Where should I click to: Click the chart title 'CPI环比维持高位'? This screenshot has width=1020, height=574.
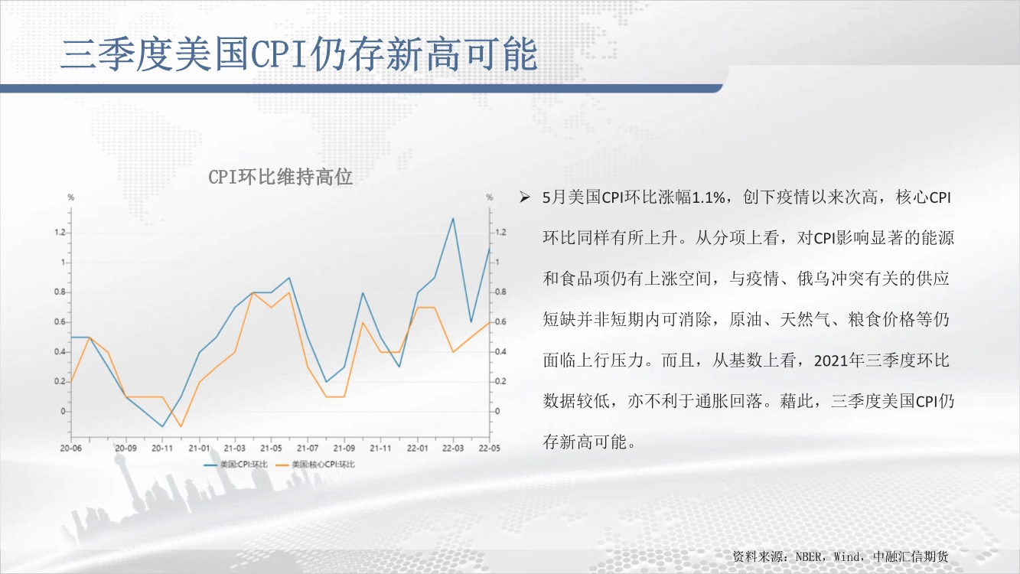280,177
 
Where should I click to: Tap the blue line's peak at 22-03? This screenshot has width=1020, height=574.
453,219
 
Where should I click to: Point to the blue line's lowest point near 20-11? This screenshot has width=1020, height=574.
162,426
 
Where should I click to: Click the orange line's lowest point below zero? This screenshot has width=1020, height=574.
181,426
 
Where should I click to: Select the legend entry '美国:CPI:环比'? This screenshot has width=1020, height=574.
236,465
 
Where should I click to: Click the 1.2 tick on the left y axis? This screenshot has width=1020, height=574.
60,233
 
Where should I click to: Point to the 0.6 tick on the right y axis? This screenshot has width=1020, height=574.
500,321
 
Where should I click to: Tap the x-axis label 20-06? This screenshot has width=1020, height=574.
71,448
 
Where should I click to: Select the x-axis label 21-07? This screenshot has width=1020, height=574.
308,448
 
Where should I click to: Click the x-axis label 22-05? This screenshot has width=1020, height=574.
490,448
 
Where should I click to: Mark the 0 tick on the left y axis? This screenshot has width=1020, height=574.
64,412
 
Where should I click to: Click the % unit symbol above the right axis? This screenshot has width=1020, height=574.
490,197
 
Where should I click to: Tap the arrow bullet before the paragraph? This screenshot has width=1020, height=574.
525,197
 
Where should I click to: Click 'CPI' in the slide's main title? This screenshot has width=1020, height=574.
280,54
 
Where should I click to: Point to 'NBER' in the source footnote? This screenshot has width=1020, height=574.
808,556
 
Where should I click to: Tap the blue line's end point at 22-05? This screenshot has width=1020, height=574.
490,248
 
